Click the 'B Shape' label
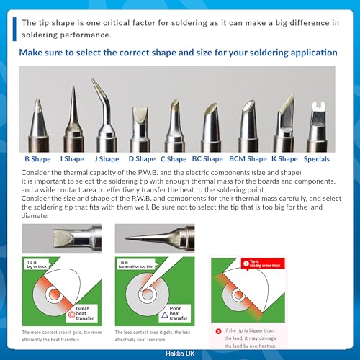click(37, 159)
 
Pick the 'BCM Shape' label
click(247, 159)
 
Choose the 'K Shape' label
click(284, 159)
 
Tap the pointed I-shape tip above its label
click(73, 115)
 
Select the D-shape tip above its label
click(140, 126)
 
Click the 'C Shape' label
click(173, 159)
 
